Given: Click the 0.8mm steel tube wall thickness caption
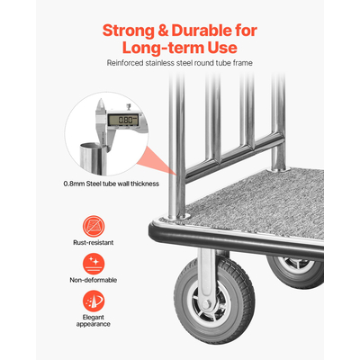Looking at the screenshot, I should pos(112,184).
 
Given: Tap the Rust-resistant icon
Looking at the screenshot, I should pos(93,225).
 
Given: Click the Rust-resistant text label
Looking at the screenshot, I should pos(93,243).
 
